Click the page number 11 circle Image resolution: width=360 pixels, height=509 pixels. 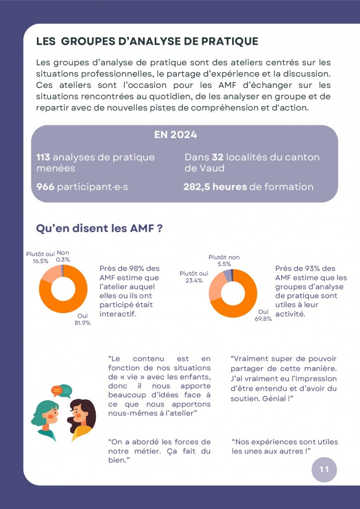324,470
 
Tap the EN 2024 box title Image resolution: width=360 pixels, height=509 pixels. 175,135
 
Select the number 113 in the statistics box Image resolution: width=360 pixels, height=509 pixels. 43,157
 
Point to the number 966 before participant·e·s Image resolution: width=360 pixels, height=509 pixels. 45,187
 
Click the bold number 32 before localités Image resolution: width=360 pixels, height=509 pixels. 217,157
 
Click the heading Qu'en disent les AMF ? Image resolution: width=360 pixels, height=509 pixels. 99,229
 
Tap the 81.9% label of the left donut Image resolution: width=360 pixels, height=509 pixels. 83,323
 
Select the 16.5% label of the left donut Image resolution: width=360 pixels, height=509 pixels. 41,261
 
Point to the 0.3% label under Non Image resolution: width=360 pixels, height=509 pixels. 63,260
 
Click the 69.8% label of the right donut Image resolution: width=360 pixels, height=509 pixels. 263,319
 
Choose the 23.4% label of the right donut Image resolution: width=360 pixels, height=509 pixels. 194,280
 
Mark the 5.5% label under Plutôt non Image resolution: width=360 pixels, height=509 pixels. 224,264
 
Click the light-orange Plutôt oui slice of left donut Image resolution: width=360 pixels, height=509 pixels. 49,274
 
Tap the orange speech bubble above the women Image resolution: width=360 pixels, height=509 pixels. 56,390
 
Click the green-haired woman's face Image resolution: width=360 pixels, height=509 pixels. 52,414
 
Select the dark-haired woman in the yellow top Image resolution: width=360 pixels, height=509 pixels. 81,420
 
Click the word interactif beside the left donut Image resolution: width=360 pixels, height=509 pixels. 117,314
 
